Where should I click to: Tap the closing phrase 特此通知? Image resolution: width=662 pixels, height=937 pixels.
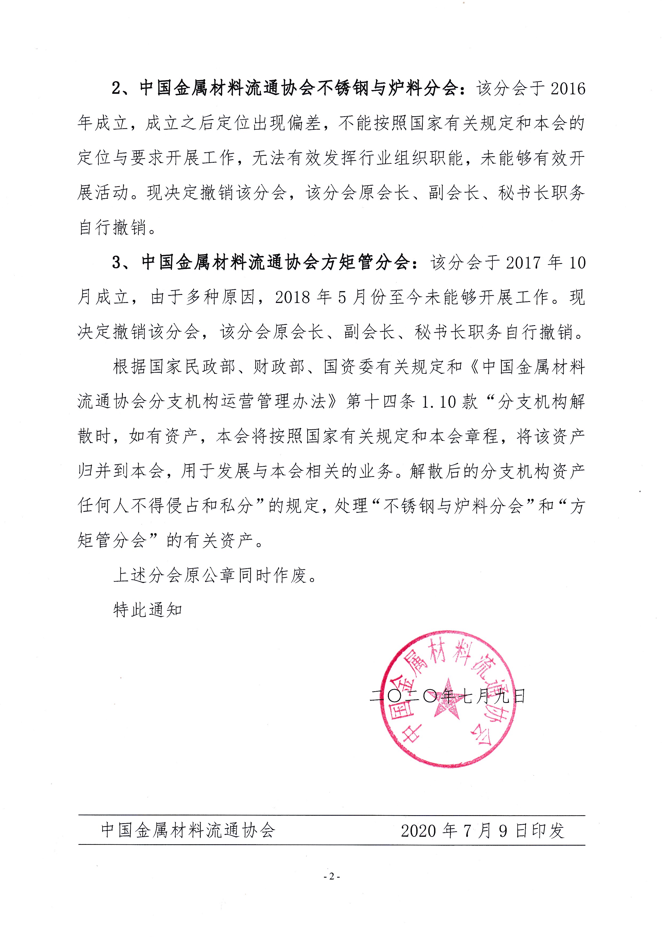[148, 611]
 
